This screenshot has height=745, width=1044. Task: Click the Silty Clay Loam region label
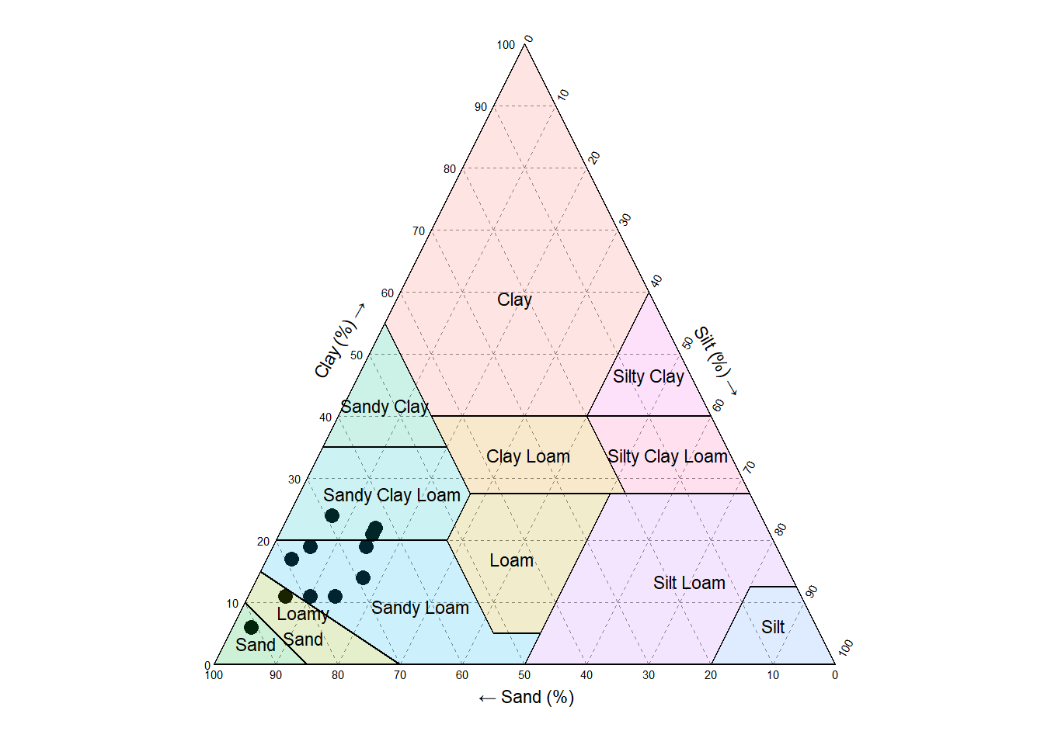tap(667, 456)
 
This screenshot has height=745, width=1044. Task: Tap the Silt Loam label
tap(689, 583)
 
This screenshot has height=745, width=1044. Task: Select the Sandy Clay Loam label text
tap(391, 495)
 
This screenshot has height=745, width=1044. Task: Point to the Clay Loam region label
tap(528, 456)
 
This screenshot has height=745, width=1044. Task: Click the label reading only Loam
tap(511, 560)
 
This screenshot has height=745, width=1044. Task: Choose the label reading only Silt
tap(772, 627)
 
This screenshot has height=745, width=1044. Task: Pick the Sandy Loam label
tap(419, 608)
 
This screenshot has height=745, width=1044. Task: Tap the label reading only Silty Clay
tap(648, 376)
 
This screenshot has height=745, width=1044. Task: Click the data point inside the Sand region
tap(251, 627)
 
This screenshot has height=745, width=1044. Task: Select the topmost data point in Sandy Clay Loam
tap(332, 516)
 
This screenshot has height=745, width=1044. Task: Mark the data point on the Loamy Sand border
tap(285, 596)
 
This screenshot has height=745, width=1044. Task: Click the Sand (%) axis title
tap(527, 698)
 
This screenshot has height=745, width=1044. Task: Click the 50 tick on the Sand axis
tap(524, 675)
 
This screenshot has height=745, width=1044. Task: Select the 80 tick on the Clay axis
tap(450, 169)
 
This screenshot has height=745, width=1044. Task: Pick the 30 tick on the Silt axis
tap(625, 220)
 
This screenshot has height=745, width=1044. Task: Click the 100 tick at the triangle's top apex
tap(506, 45)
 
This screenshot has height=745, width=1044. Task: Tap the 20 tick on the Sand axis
tap(711, 675)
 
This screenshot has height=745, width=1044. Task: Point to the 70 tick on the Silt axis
tap(750, 466)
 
